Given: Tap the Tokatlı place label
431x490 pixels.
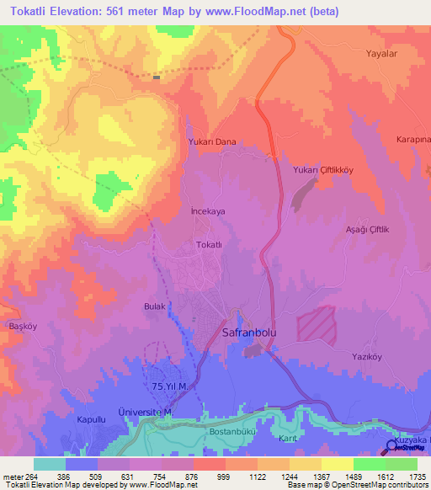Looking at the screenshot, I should (208, 244).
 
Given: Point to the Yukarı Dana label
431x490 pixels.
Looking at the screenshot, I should (211, 142).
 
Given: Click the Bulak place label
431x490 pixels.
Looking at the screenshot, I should (155, 306).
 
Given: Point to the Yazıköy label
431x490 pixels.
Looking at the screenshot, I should (367, 356).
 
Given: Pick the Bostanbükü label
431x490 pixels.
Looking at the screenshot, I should (230, 431).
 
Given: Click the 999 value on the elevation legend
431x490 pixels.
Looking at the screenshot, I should (224, 476).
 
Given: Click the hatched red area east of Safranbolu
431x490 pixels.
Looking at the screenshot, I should (315, 325).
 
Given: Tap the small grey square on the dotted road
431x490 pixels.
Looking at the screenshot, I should (157, 77).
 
